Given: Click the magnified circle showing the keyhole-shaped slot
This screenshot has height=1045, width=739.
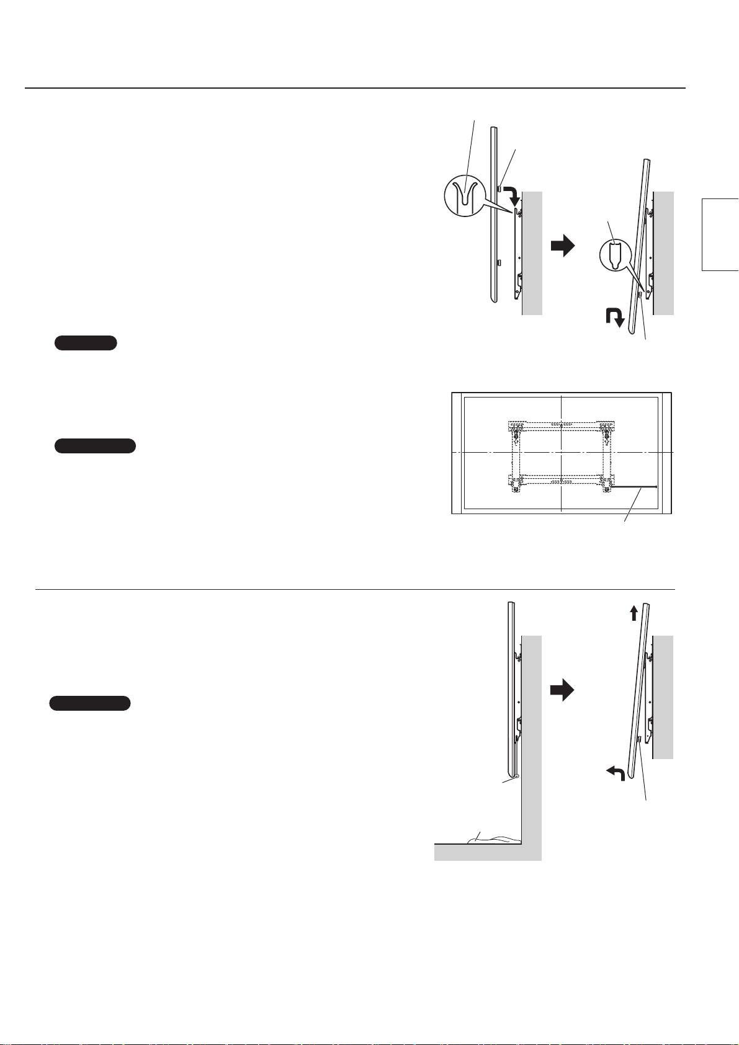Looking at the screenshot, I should pos(615,256).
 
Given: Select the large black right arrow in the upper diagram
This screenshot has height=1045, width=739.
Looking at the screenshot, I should pos(563,247).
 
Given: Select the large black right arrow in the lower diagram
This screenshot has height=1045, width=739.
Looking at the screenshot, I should pos(563,691).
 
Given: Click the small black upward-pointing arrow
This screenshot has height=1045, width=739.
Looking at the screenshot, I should pos(634,613).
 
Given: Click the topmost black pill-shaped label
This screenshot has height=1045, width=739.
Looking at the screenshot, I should pos(86,343).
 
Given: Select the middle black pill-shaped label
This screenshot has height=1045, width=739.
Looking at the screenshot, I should pos(95,446).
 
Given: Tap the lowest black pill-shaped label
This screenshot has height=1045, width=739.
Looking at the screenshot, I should pos(90,703).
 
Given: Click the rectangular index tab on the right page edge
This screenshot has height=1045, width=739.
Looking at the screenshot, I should pos(720,234).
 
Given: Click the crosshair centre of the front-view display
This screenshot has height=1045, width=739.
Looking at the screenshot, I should pos(560,453).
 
